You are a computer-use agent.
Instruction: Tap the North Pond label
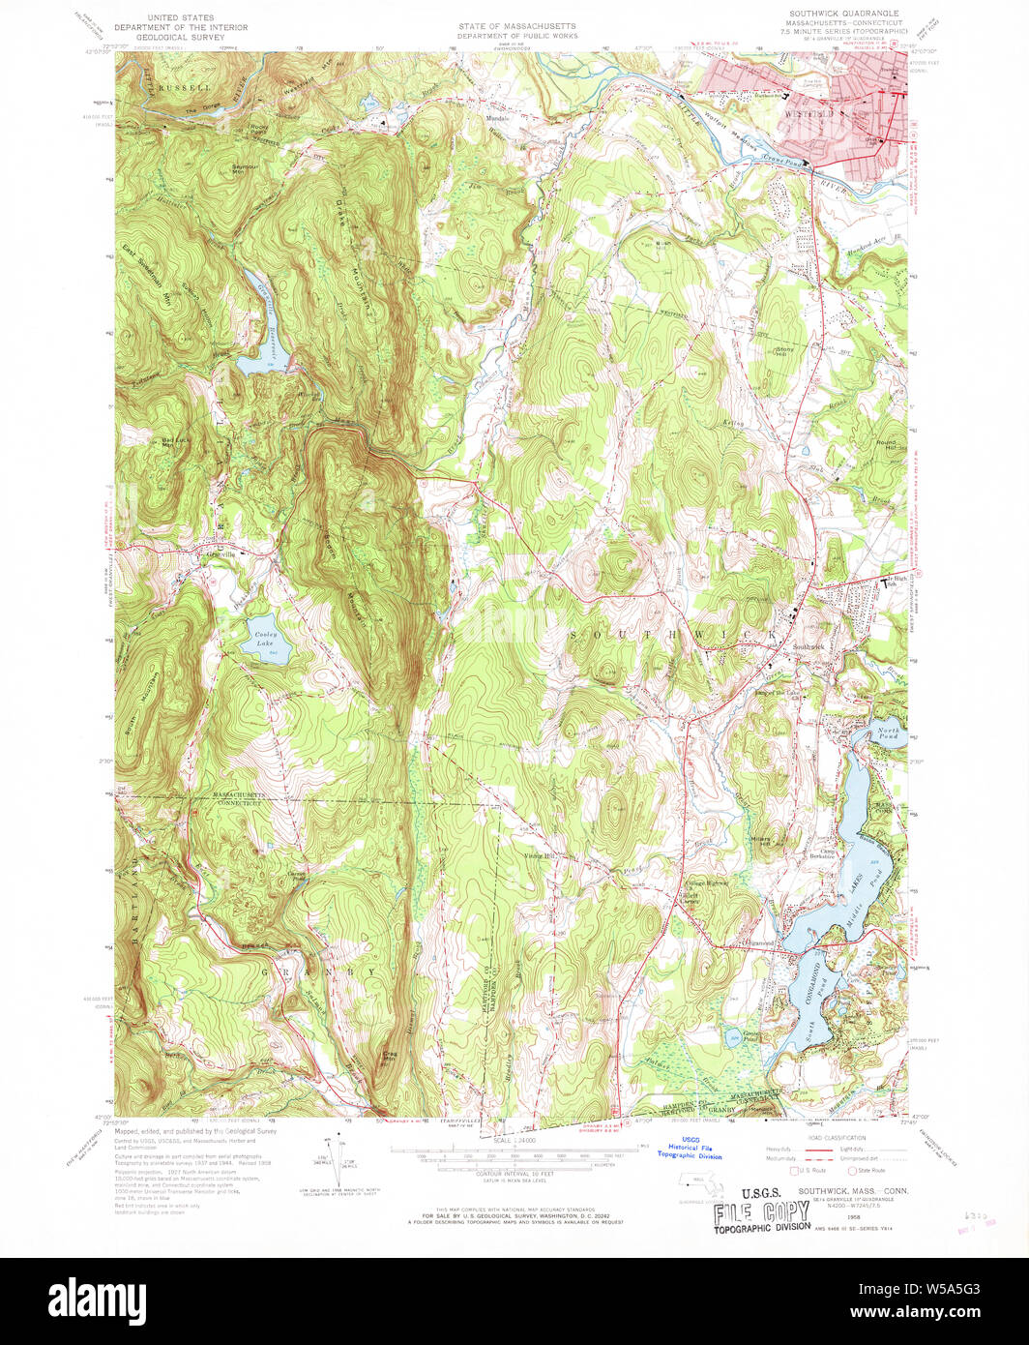coord(889,732)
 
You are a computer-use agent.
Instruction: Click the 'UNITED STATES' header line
coord(182,17)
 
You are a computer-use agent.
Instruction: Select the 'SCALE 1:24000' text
coord(512,1142)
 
